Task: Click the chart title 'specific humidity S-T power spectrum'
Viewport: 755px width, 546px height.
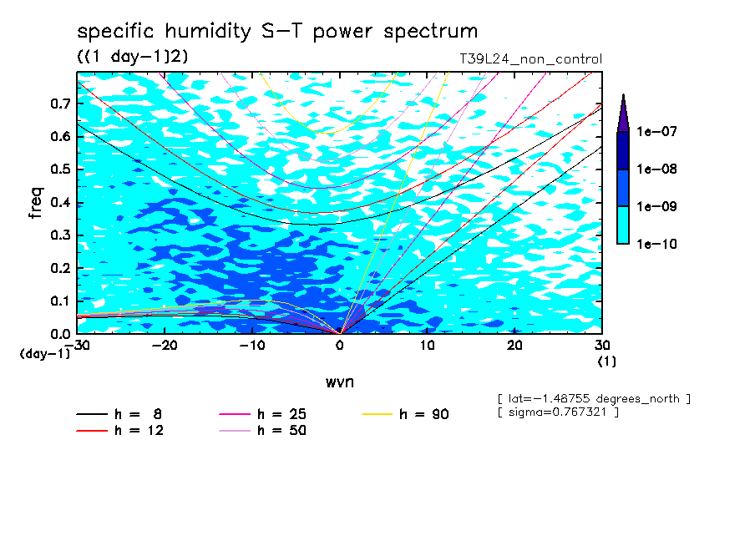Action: (x=277, y=32)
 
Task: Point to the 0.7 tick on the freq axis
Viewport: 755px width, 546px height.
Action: (x=61, y=104)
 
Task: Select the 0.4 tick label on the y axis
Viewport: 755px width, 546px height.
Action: (x=61, y=202)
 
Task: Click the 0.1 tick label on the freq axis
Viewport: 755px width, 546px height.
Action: (x=61, y=301)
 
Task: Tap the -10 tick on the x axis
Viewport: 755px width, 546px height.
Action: (x=252, y=345)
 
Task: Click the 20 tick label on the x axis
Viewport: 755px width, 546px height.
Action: (x=514, y=345)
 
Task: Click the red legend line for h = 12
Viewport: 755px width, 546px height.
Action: (x=92, y=431)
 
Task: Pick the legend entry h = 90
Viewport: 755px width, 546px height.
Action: (x=407, y=414)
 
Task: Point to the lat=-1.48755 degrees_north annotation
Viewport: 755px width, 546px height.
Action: (x=593, y=398)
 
